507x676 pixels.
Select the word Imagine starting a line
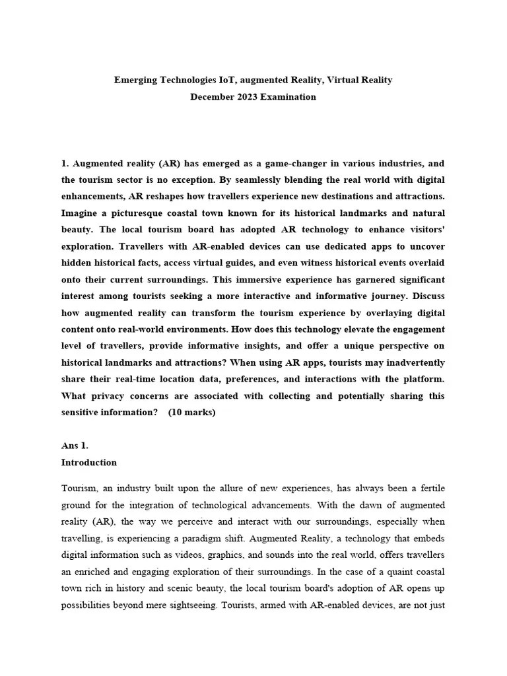82,213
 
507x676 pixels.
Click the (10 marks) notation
191,413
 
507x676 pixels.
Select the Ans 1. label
75,446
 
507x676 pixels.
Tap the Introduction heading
89,463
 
